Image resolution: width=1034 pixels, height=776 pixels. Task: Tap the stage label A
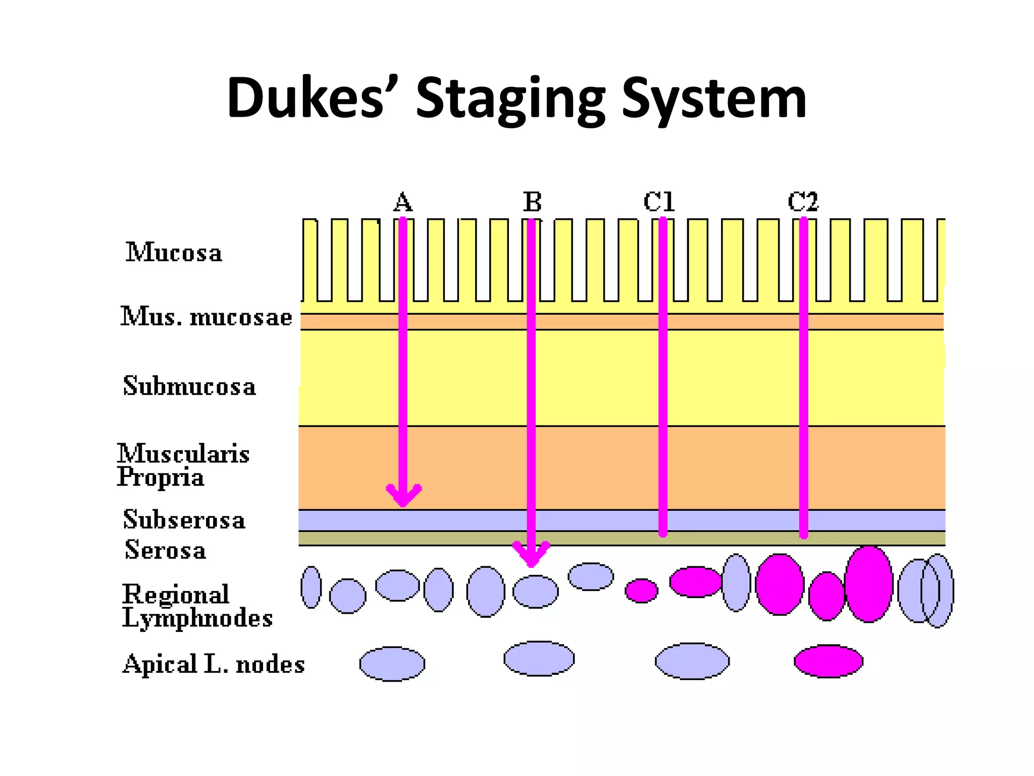[402, 203]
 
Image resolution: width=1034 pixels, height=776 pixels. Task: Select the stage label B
[532, 202]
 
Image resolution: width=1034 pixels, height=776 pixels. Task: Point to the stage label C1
[659, 202]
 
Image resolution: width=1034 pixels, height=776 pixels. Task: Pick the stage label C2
[803, 202]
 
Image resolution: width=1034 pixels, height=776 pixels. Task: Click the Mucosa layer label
[174, 253]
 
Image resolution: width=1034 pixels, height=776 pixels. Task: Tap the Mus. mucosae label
[206, 317]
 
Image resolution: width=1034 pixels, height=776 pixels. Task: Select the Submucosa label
[189, 386]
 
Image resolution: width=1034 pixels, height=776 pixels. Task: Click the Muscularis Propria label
[183, 465]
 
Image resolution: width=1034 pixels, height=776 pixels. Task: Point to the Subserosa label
[184, 520]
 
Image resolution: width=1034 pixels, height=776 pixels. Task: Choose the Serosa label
[166, 550]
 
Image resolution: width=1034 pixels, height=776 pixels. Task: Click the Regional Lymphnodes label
[197, 606]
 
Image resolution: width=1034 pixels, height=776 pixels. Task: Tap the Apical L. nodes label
[214, 664]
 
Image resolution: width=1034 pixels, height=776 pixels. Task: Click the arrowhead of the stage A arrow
[403, 498]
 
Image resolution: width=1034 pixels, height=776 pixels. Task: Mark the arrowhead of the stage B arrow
[531, 556]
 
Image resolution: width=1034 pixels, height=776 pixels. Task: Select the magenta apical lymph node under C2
[829, 661]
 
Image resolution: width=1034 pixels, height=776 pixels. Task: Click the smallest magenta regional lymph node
[641, 591]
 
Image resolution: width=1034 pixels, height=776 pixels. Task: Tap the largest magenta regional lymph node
[868, 584]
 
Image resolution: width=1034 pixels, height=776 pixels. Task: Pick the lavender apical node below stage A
[392, 664]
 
